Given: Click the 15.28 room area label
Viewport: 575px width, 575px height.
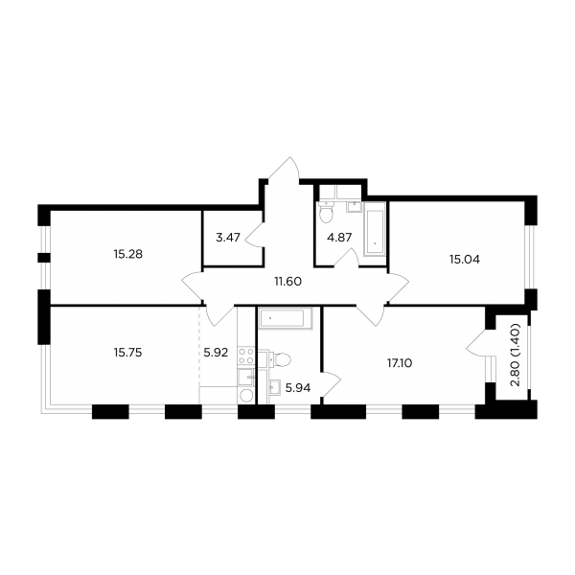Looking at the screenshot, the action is pyautogui.click(x=128, y=254).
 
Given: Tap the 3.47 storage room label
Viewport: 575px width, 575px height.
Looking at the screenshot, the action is pyautogui.click(x=228, y=238).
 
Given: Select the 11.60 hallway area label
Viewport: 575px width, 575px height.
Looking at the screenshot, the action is pyautogui.click(x=287, y=282).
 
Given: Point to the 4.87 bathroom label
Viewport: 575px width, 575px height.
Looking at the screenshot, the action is pyautogui.click(x=339, y=238).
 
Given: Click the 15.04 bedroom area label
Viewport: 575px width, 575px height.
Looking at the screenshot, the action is pyautogui.click(x=465, y=260).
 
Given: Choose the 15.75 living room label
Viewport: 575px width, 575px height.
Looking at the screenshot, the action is pyautogui.click(x=128, y=353).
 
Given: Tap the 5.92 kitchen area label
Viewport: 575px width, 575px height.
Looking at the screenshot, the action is pyautogui.click(x=216, y=353).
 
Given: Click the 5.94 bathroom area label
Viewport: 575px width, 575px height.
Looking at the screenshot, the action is pyautogui.click(x=298, y=388).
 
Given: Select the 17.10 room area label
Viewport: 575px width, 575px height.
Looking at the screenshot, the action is pyautogui.click(x=400, y=363).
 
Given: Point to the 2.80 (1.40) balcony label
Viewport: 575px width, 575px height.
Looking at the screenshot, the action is pyautogui.click(x=516, y=355).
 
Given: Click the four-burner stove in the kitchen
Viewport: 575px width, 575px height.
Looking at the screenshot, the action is pyautogui.click(x=246, y=356).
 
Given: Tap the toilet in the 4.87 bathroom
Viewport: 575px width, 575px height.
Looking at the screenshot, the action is pyautogui.click(x=326, y=213).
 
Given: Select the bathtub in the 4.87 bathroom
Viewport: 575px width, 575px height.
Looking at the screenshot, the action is pyautogui.click(x=375, y=228).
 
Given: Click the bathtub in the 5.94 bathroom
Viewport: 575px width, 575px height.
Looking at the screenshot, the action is pyautogui.click(x=286, y=317).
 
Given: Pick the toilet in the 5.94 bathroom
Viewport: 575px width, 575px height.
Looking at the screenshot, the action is pyautogui.click(x=279, y=359).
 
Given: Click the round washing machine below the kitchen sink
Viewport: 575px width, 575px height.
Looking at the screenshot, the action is pyautogui.click(x=246, y=395).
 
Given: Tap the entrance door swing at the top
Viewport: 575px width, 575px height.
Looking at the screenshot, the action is pyautogui.click(x=285, y=169).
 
